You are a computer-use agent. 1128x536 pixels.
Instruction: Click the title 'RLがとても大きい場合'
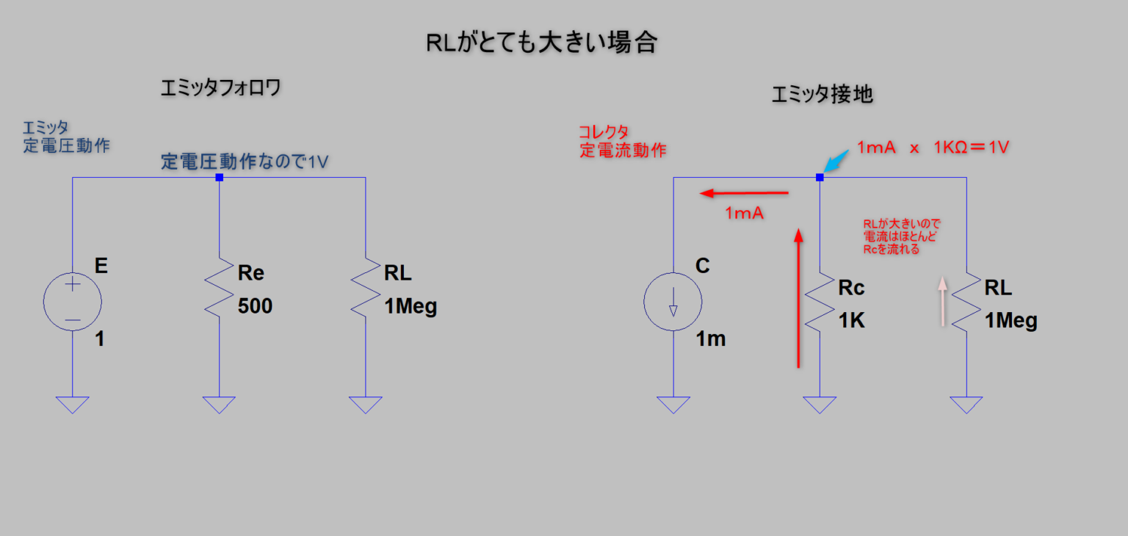coord(540,43)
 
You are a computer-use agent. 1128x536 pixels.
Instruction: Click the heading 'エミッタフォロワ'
coord(221,89)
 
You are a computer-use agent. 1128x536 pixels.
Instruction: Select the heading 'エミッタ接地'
coord(822,95)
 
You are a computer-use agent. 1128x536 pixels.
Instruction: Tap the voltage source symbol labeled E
coord(73,302)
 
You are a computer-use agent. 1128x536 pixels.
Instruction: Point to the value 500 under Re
coord(255,306)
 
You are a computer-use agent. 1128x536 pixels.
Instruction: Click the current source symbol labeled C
coord(673,302)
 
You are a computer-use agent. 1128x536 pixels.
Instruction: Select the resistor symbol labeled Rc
coord(820,303)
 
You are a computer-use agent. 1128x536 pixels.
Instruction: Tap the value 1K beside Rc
coord(852,320)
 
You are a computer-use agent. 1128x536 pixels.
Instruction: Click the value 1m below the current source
coord(711,339)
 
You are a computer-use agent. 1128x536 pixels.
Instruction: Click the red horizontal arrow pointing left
coord(744,194)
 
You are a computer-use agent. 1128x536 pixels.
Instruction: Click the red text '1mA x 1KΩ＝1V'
coord(933,148)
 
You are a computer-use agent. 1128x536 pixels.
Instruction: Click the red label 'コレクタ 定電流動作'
coord(622,141)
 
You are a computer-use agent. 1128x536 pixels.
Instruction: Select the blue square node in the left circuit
coord(219,178)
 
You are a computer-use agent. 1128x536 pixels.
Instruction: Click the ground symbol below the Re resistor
coord(219,405)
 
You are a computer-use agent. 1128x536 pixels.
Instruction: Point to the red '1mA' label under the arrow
coord(745,214)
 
